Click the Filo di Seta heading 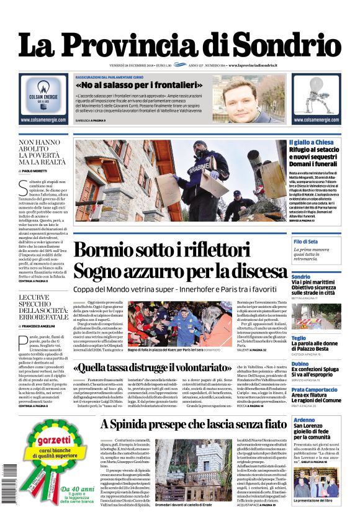pos(305,241)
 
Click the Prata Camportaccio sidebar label pos(315,389)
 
